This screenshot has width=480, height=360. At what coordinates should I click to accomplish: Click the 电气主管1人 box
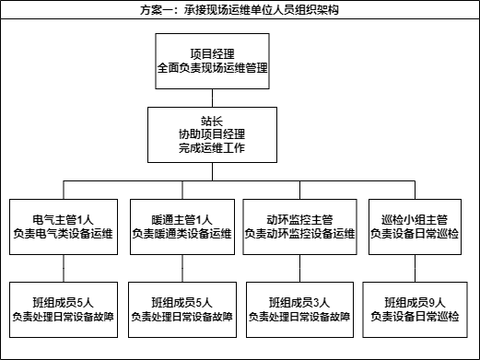point(64,226)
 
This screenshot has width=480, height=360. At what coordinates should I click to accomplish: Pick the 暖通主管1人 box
point(181,226)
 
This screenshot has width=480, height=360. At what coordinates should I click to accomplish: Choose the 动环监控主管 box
point(299,226)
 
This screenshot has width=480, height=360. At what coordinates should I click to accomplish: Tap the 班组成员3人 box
point(299,309)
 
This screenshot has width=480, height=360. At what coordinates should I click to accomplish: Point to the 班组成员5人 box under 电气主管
point(64,309)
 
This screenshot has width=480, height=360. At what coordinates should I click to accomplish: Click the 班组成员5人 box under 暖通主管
point(181,309)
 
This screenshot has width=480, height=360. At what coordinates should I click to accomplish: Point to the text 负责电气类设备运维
point(64,235)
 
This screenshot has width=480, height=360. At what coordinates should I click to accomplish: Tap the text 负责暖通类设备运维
point(181,235)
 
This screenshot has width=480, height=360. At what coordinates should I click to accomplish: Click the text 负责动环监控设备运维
point(299,235)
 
